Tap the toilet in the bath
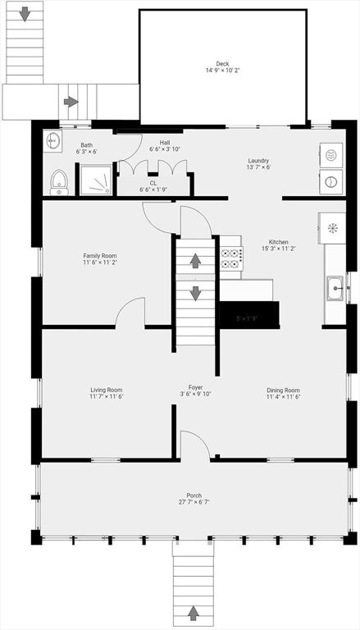(59, 181)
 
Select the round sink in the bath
(54, 140)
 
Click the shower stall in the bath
(94, 180)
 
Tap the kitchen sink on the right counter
(335, 287)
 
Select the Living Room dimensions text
(106, 397)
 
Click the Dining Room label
(283, 390)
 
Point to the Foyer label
(195, 387)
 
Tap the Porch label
(194, 495)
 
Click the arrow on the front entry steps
(194, 611)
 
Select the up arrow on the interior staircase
(196, 262)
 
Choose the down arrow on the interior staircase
(196, 293)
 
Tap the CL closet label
(153, 183)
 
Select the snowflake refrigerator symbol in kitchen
(333, 226)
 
